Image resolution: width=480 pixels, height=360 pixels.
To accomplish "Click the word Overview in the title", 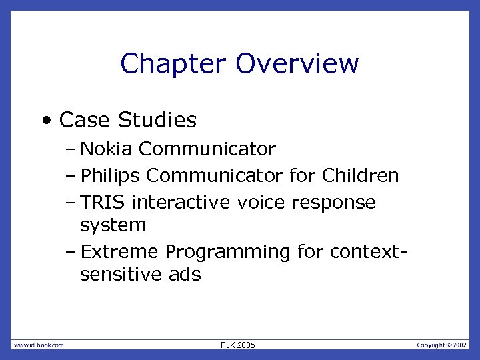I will (297, 64).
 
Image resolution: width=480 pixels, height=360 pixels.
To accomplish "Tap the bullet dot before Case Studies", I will (45, 121).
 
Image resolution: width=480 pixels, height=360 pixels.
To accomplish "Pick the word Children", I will (360, 176).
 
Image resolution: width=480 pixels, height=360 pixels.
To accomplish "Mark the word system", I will (113, 225).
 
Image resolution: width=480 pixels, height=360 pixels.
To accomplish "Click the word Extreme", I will (119, 252).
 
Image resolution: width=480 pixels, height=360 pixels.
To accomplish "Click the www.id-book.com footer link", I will (39, 345).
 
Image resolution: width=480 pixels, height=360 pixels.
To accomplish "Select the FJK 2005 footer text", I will (237, 345).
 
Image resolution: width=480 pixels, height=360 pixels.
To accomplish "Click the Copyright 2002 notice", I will (442, 345).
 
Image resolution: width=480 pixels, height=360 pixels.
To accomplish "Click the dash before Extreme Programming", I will (71, 252).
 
